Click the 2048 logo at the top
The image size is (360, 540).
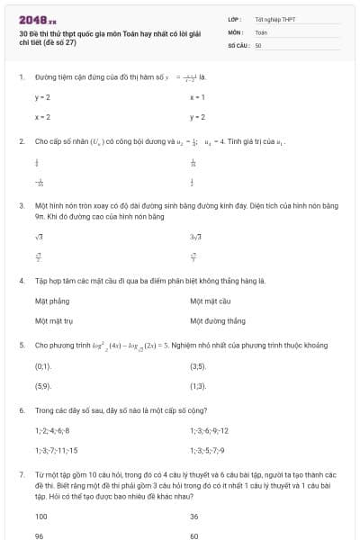(37, 19)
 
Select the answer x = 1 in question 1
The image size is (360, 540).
(197, 96)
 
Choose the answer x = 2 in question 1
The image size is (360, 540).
(42, 117)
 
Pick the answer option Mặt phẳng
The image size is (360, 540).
(51, 301)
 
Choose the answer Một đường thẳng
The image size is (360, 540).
(217, 320)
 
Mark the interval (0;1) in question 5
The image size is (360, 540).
(43, 366)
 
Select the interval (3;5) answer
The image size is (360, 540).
(198, 366)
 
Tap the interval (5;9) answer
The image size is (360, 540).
(43, 385)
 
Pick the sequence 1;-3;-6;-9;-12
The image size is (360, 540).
(209, 430)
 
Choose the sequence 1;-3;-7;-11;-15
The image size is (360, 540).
(56, 450)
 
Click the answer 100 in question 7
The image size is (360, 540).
(41, 517)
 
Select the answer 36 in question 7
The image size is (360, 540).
(194, 517)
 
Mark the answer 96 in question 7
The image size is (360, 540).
(40, 535)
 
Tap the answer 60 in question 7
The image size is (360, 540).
(194, 535)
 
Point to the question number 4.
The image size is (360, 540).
(21, 281)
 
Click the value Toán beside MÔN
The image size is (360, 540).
(261, 31)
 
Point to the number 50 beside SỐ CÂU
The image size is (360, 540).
(258, 44)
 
